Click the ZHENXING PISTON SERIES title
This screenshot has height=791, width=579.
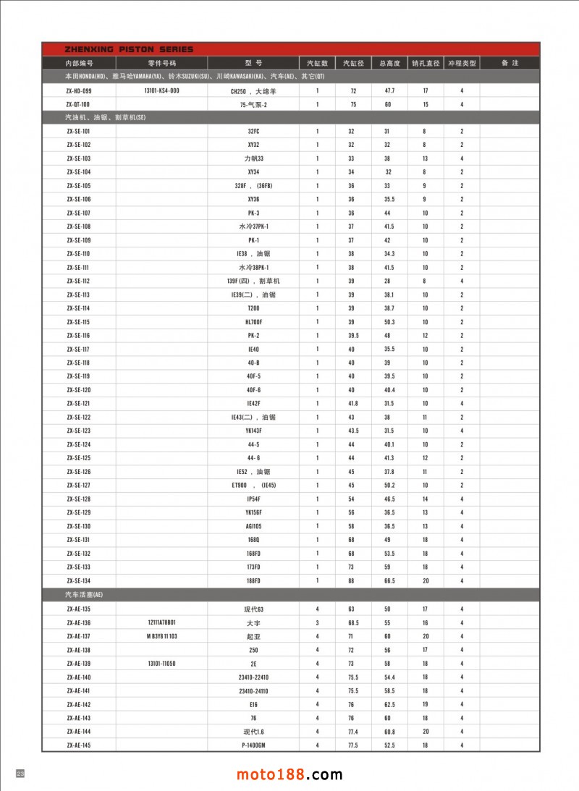119,49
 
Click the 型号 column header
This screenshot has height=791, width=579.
253,63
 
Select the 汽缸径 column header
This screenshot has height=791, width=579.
352,63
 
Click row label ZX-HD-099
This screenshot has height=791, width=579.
78,91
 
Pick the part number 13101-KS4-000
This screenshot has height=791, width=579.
161,91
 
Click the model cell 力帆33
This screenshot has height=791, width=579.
253,158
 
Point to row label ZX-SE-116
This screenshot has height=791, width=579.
78,336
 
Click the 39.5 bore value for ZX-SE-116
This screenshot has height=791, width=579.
352,336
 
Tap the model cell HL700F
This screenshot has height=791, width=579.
253,322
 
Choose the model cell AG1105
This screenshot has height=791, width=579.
253,526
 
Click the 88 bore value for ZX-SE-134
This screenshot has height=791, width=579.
352,580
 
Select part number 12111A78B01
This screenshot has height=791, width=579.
161,622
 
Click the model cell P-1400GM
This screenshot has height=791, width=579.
253,745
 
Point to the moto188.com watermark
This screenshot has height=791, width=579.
289,775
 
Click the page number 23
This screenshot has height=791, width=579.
20,774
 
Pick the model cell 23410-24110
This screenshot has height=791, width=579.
253,691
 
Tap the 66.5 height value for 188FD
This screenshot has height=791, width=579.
389,580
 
